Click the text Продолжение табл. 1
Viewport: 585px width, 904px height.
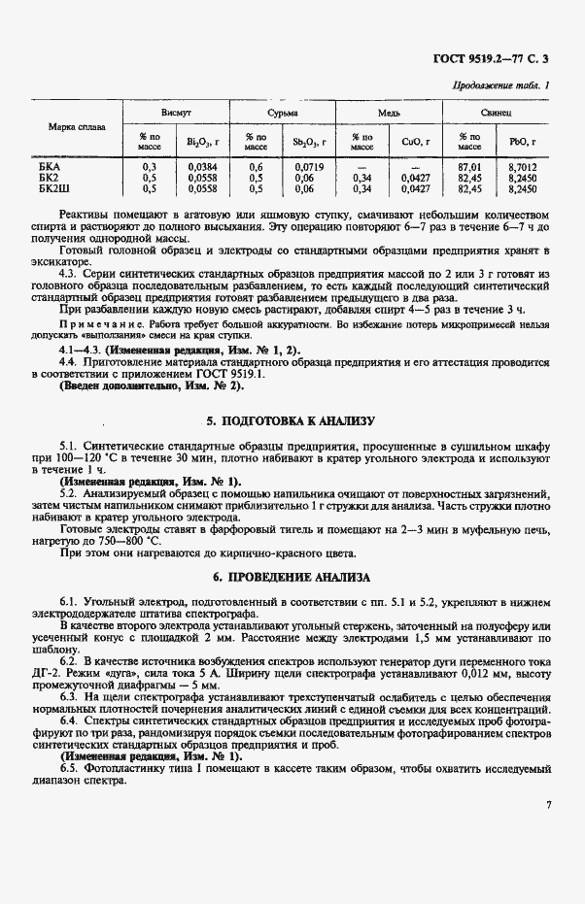pos(500,86)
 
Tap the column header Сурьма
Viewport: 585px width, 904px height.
pos(284,114)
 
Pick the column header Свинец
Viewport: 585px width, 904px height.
pos(497,114)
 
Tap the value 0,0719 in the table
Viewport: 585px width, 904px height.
pos(309,167)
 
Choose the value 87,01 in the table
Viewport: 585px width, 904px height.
pos(469,167)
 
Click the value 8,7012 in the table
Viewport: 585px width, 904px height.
pos(522,167)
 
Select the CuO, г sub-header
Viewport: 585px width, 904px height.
pos(415,142)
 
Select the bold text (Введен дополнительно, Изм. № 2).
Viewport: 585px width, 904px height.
pos(152,385)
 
